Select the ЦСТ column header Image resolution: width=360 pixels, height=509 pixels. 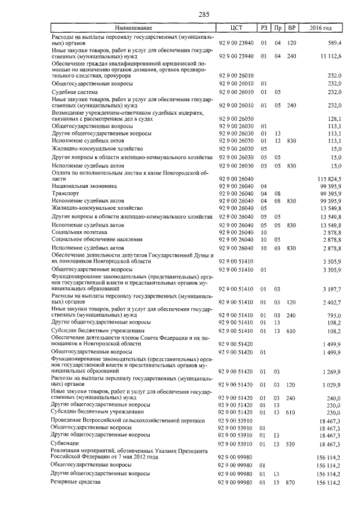pyautogui.click(x=236, y=28)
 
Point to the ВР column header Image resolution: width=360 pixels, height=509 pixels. pyautogui.click(x=291, y=28)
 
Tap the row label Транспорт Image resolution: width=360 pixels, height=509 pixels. pyautogui.click(x=66, y=193)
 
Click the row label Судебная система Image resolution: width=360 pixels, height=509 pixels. pyautogui.click(x=74, y=92)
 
